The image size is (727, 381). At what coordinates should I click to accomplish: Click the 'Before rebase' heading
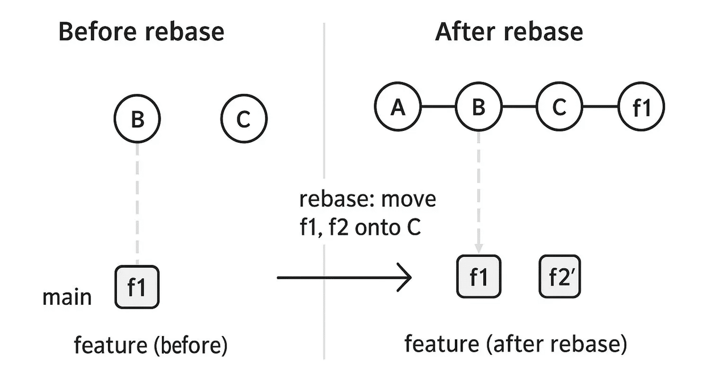pos(141,32)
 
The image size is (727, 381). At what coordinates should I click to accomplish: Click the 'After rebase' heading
pos(508,32)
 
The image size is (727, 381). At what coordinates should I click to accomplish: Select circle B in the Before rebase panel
pos(137,120)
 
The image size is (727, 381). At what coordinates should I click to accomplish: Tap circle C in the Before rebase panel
pos(244,120)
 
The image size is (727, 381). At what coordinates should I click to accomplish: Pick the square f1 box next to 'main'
pos(137,287)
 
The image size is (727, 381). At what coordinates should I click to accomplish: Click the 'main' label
pos(67,297)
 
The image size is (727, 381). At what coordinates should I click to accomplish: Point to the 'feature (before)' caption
pos(151,345)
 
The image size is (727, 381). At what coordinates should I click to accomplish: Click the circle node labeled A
pos(398,107)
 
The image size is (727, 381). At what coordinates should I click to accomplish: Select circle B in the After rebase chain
pos(479,107)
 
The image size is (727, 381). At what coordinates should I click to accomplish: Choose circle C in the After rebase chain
pos(559,107)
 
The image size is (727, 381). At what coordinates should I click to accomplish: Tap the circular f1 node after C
pos(641,107)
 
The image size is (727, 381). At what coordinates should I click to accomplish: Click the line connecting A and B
pos(438,107)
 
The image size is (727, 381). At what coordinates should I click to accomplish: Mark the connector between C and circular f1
pos(600,107)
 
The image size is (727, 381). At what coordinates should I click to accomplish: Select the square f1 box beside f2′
pos(479,276)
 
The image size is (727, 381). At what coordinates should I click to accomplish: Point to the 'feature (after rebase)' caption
pos(516,344)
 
